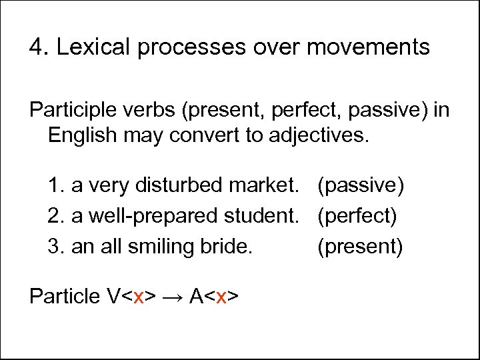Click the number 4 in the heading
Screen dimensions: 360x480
click(37, 47)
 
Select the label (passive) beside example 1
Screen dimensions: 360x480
click(361, 185)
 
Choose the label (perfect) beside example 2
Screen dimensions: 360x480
click(357, 216)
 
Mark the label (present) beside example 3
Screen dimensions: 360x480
click(360, 247)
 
